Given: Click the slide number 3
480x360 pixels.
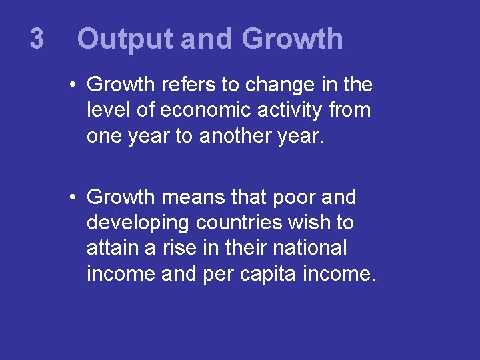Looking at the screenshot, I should click(x=37, y=39).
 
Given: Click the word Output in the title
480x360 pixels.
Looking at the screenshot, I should click(x=125, y=39).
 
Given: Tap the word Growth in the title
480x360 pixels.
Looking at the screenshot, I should click(x=293, y=39).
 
